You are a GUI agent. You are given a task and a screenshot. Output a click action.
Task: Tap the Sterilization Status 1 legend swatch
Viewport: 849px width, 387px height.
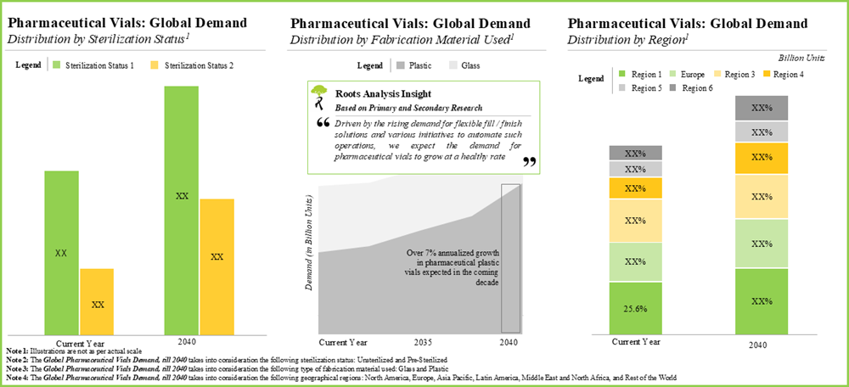tap(57, 64)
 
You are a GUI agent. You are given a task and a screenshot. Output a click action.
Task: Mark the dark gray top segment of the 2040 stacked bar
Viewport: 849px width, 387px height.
tap(762, 108)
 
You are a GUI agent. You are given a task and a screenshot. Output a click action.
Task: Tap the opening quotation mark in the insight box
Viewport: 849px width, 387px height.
tap(322, 123)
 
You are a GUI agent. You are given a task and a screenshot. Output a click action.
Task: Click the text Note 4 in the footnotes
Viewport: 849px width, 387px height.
tap(19, 376)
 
